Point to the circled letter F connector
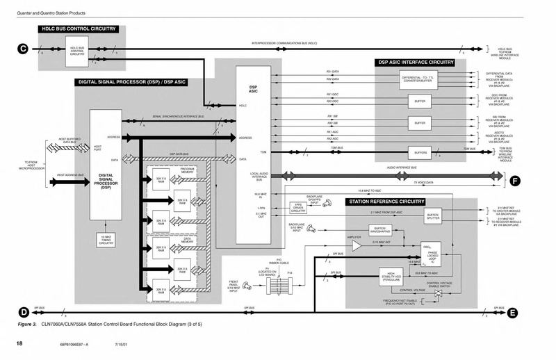pos(514,181)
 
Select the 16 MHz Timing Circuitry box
pos(106,240)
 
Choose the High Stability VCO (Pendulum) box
pos(393,277)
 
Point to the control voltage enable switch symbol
pos(438,295)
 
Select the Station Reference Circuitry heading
pos(386,202)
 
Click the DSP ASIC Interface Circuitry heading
pos(416,62)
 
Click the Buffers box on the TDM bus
pos(419,152)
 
